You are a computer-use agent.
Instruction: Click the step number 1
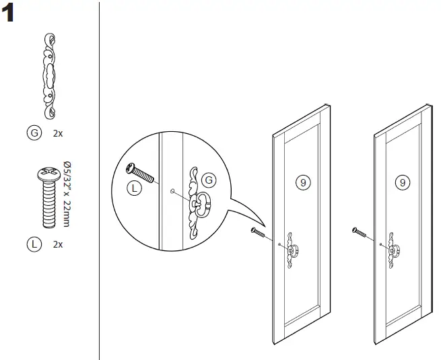click(10, 14)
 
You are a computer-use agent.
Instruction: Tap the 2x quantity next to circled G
click(57, 133)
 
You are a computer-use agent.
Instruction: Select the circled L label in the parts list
click(33, 244)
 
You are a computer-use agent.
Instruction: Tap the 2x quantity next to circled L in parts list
click(57, 244)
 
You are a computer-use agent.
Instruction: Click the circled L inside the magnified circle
click(134, 189)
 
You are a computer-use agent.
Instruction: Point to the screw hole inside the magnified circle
click(173, 191)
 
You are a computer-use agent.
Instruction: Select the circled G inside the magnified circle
click(209, 180)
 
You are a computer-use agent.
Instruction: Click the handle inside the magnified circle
click(198, 201)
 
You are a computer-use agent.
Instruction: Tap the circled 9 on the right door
click(402, 182)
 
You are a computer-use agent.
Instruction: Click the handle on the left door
click(292, 250)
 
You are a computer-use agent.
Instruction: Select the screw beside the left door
click(260, 233)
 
